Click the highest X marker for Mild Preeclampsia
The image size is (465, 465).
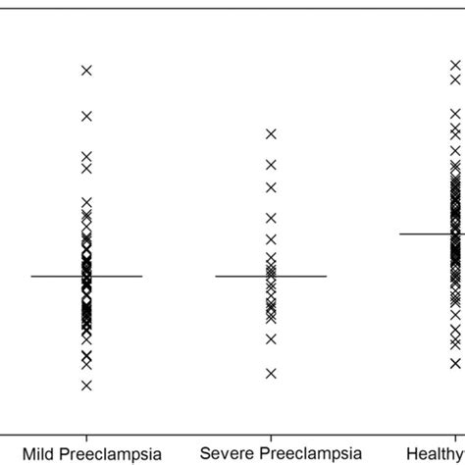pyautogui.click(x=86, y=70)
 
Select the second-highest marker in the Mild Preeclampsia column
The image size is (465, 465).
pyautogui.click(x=86, y=116)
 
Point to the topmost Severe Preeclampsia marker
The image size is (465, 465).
pyautogui.click(x=271, y=133)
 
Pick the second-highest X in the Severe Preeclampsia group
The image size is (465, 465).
pyautogui.click(x=271, y=164)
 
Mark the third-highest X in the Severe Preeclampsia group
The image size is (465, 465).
pyautogui.click(x=271, y=187)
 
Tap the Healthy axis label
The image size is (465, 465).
pyautogui.click(x=443, y=453)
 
